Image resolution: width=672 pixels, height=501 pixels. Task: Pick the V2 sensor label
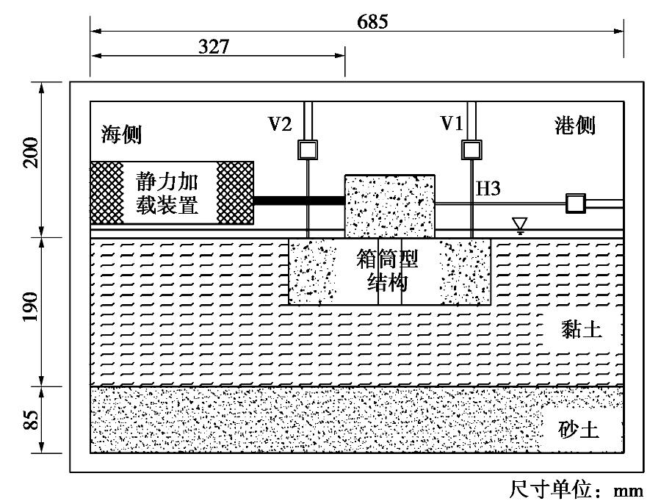tap(280, 124)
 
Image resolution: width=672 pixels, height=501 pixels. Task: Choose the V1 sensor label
tap(452, 124)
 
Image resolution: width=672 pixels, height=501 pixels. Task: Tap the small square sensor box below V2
tap(306, 150)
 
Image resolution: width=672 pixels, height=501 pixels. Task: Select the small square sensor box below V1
tap(469, 150)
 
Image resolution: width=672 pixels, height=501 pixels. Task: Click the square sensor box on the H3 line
tap(574, 203)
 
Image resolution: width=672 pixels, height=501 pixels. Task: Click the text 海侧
tap(121, 135)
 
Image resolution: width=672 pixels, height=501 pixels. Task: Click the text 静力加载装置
tap(172, 192)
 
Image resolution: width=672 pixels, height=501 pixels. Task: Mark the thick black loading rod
tap(299, 200)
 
